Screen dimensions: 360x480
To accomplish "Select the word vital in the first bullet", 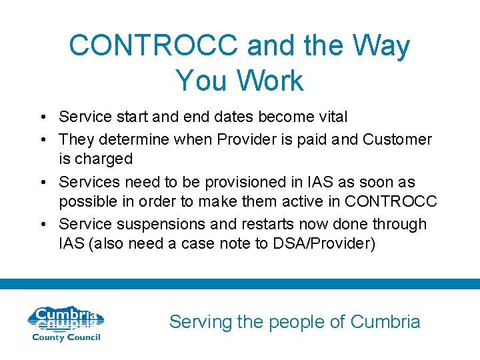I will click(x=327, y=117).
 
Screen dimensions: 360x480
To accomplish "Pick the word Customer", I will click(x=397, y=139).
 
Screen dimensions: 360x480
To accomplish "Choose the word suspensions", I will click(x=154, y=224).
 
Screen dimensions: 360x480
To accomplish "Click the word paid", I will click(x=310, y=139).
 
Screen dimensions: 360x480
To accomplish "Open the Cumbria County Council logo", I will click(x=64, y=324).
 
